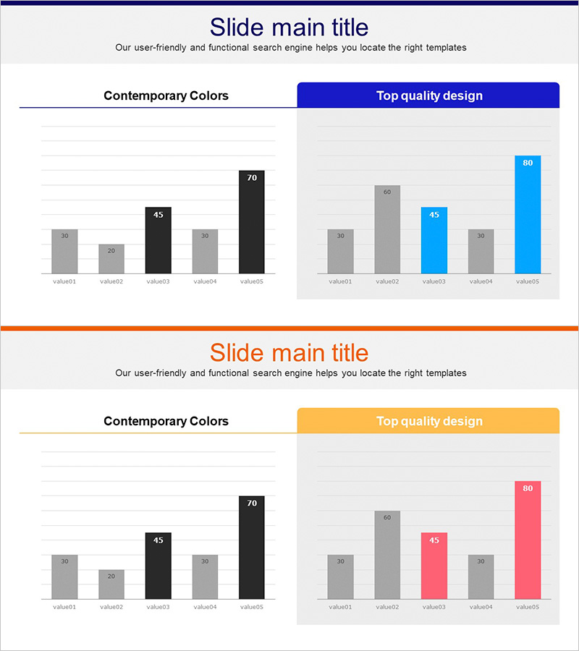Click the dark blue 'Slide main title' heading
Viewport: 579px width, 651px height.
289,27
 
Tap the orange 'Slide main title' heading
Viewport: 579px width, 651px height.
289,353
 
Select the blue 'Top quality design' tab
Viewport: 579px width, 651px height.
428,95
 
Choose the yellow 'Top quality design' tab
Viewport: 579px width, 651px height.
428,421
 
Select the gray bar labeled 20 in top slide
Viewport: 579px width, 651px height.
111,259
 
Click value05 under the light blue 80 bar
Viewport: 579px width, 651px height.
528,281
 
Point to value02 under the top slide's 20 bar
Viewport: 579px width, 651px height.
111,281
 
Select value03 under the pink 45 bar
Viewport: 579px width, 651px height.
434,607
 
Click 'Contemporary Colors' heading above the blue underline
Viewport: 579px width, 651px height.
166,95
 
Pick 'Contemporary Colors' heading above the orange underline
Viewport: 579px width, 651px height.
166,421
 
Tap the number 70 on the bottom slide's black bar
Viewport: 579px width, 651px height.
252,503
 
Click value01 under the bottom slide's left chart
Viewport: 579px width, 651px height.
64,607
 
